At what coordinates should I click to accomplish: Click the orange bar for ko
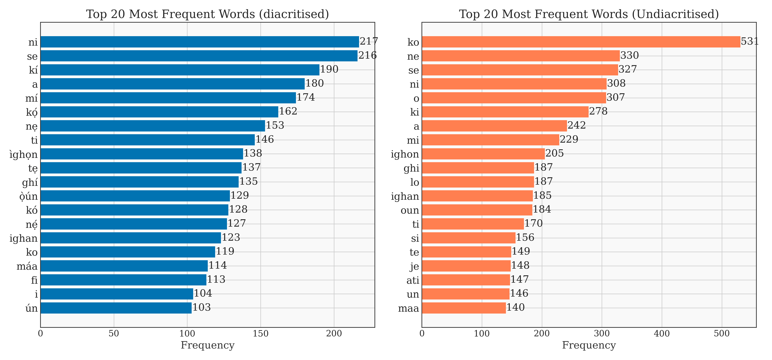581,42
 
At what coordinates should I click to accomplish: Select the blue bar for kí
180,70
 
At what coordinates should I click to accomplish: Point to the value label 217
369,41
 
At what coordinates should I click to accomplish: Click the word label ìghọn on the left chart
24,154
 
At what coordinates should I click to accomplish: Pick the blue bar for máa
124,266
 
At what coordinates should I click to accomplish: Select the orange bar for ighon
483,154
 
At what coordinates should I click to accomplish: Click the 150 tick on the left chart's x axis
260,333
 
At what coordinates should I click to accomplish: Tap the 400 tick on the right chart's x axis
662,333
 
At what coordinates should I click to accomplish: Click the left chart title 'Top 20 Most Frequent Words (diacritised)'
207,14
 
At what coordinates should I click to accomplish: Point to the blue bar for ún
116,308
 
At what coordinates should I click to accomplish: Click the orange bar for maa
464,308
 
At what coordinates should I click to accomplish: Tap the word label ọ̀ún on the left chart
29,196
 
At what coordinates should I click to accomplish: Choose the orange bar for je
466,266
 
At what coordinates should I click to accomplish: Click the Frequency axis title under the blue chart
207,345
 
